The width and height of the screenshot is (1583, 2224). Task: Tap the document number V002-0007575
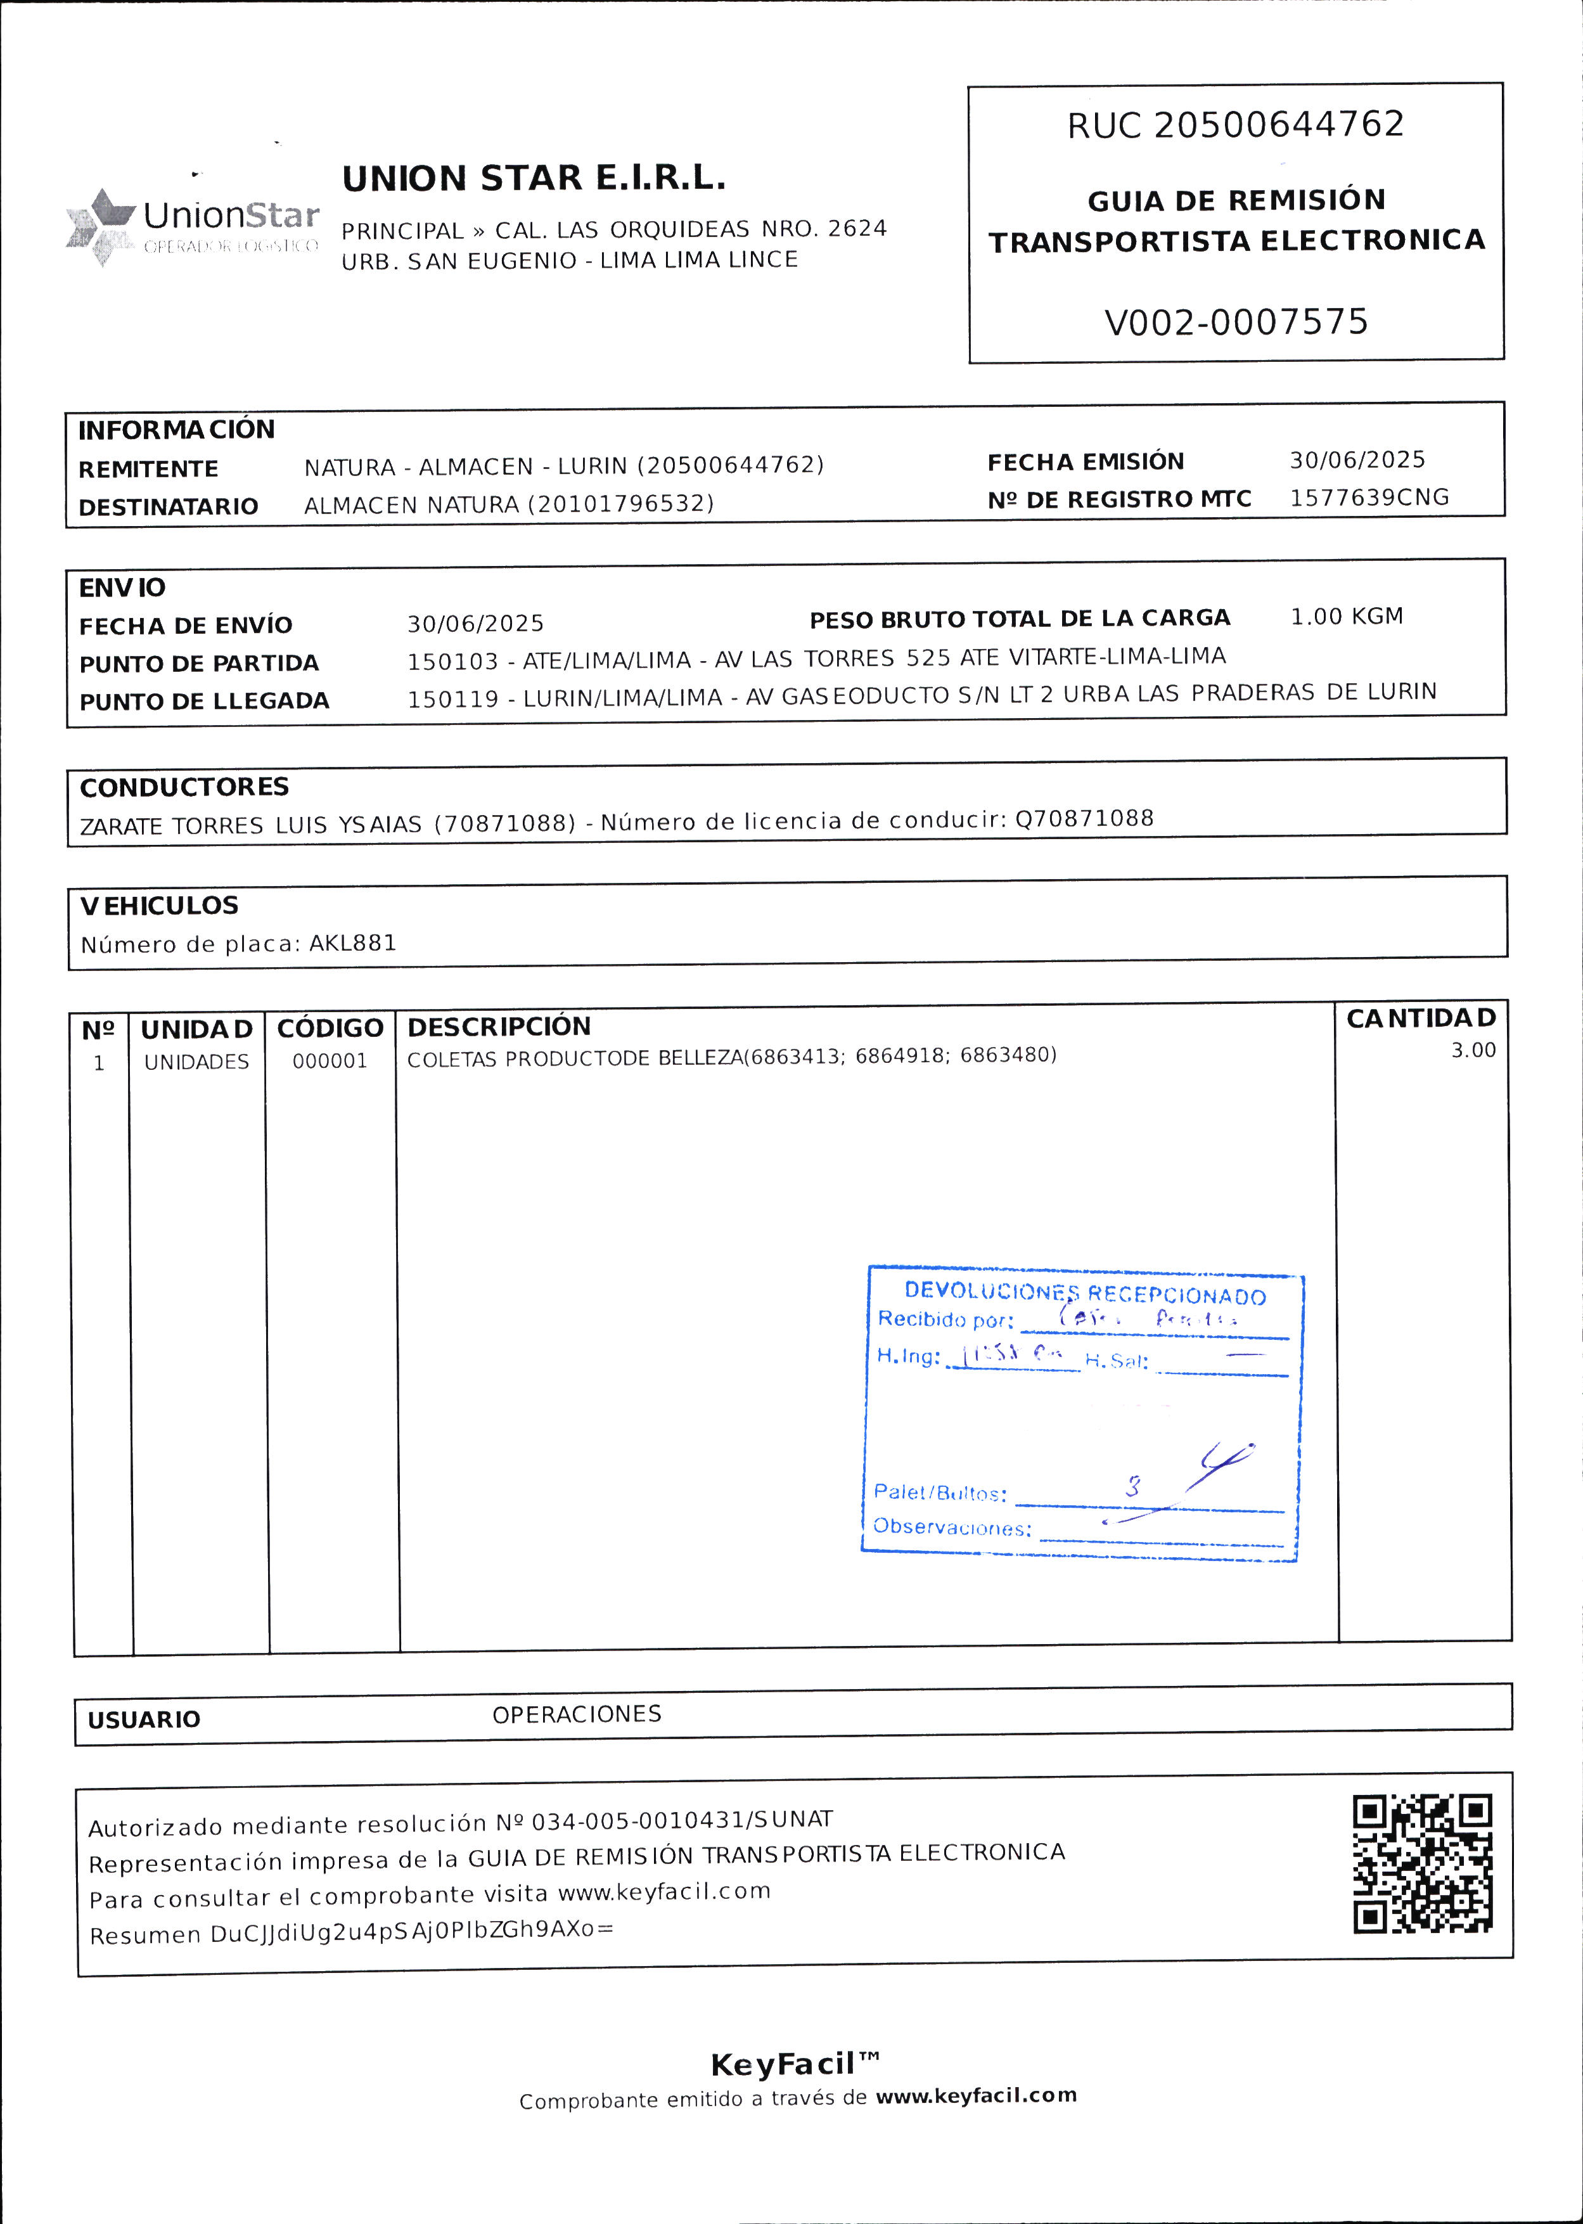pos(1236,322)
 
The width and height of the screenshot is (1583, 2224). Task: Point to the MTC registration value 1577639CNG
pos(1369,498)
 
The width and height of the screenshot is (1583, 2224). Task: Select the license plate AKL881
pos(353,943)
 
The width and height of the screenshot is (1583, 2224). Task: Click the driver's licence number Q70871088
pos(1084,818)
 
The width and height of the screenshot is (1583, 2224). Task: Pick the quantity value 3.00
pos(1473,1050)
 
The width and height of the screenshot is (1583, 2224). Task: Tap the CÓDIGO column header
pos(330,1029)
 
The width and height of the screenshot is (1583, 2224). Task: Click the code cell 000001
pos(330,1061)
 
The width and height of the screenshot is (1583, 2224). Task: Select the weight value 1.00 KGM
pos(1346,616)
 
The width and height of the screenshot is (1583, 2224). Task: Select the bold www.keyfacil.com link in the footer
pos(976,2095)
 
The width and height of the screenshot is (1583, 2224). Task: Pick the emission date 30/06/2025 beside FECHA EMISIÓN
pos(1357,460)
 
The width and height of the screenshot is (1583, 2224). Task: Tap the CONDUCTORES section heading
pos(184,787)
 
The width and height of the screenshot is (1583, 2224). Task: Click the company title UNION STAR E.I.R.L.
pos(533,179)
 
